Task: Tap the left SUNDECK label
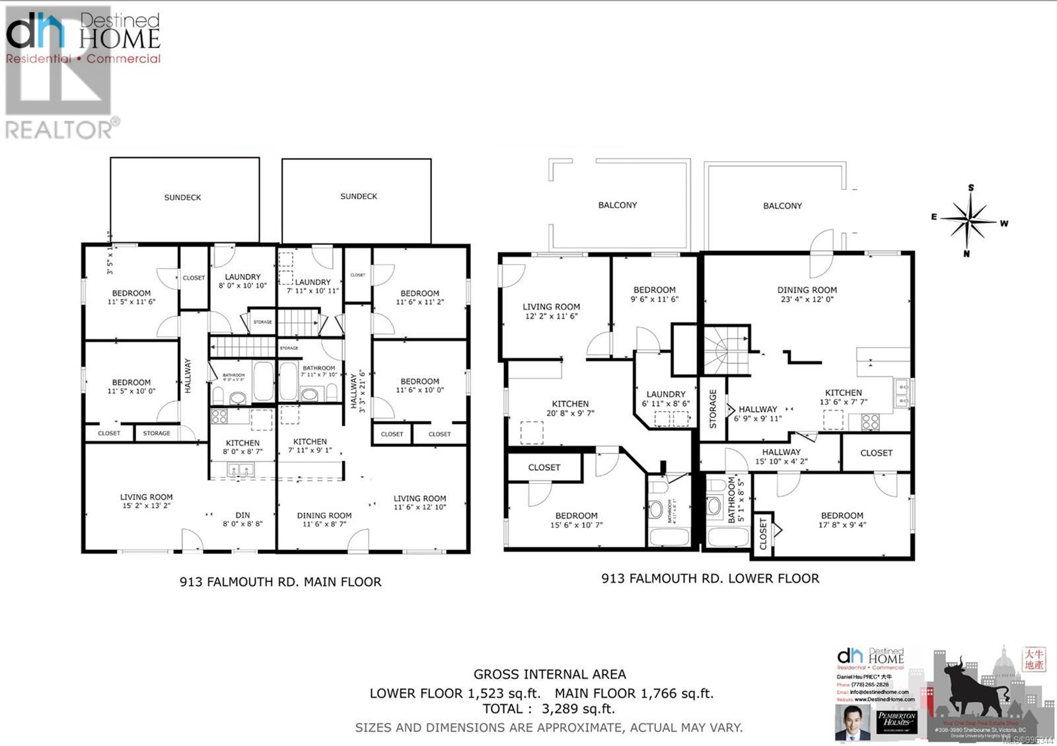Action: [182, 197]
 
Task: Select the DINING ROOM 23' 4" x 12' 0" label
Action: [807, 294]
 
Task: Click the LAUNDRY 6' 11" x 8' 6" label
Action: [665, 399]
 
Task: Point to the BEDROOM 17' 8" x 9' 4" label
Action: [842, 520]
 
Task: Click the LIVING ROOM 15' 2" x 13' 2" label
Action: [146, 502]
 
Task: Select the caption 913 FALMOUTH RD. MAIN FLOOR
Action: [280, 582]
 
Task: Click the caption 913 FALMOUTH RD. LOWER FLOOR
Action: [710, 578]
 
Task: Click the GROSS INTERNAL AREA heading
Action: [549, 675]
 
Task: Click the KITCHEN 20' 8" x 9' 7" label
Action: [570, 409]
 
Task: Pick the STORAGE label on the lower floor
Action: [713, 409]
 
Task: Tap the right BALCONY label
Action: [782, 206]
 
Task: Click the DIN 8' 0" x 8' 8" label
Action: [242, 520]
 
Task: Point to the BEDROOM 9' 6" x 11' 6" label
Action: [654, 294]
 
